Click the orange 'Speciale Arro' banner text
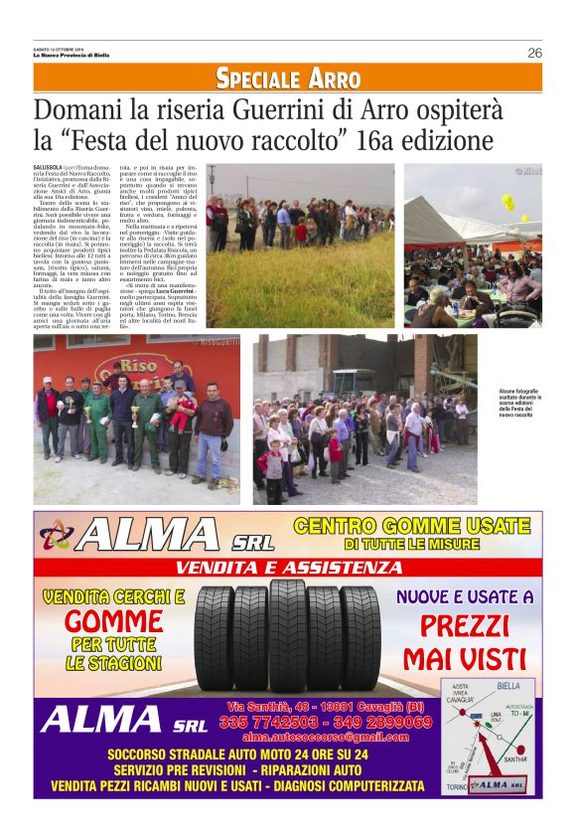(x=288, y=79)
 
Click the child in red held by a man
(x=181, y=409)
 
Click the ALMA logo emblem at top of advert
(x=57, y=537)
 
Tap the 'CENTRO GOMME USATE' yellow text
(x=412, y=526)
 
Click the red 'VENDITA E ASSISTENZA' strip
(x=288, y=568)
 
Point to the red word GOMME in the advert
(x=114, y=621)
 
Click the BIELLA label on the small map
(x=508, y=686)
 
